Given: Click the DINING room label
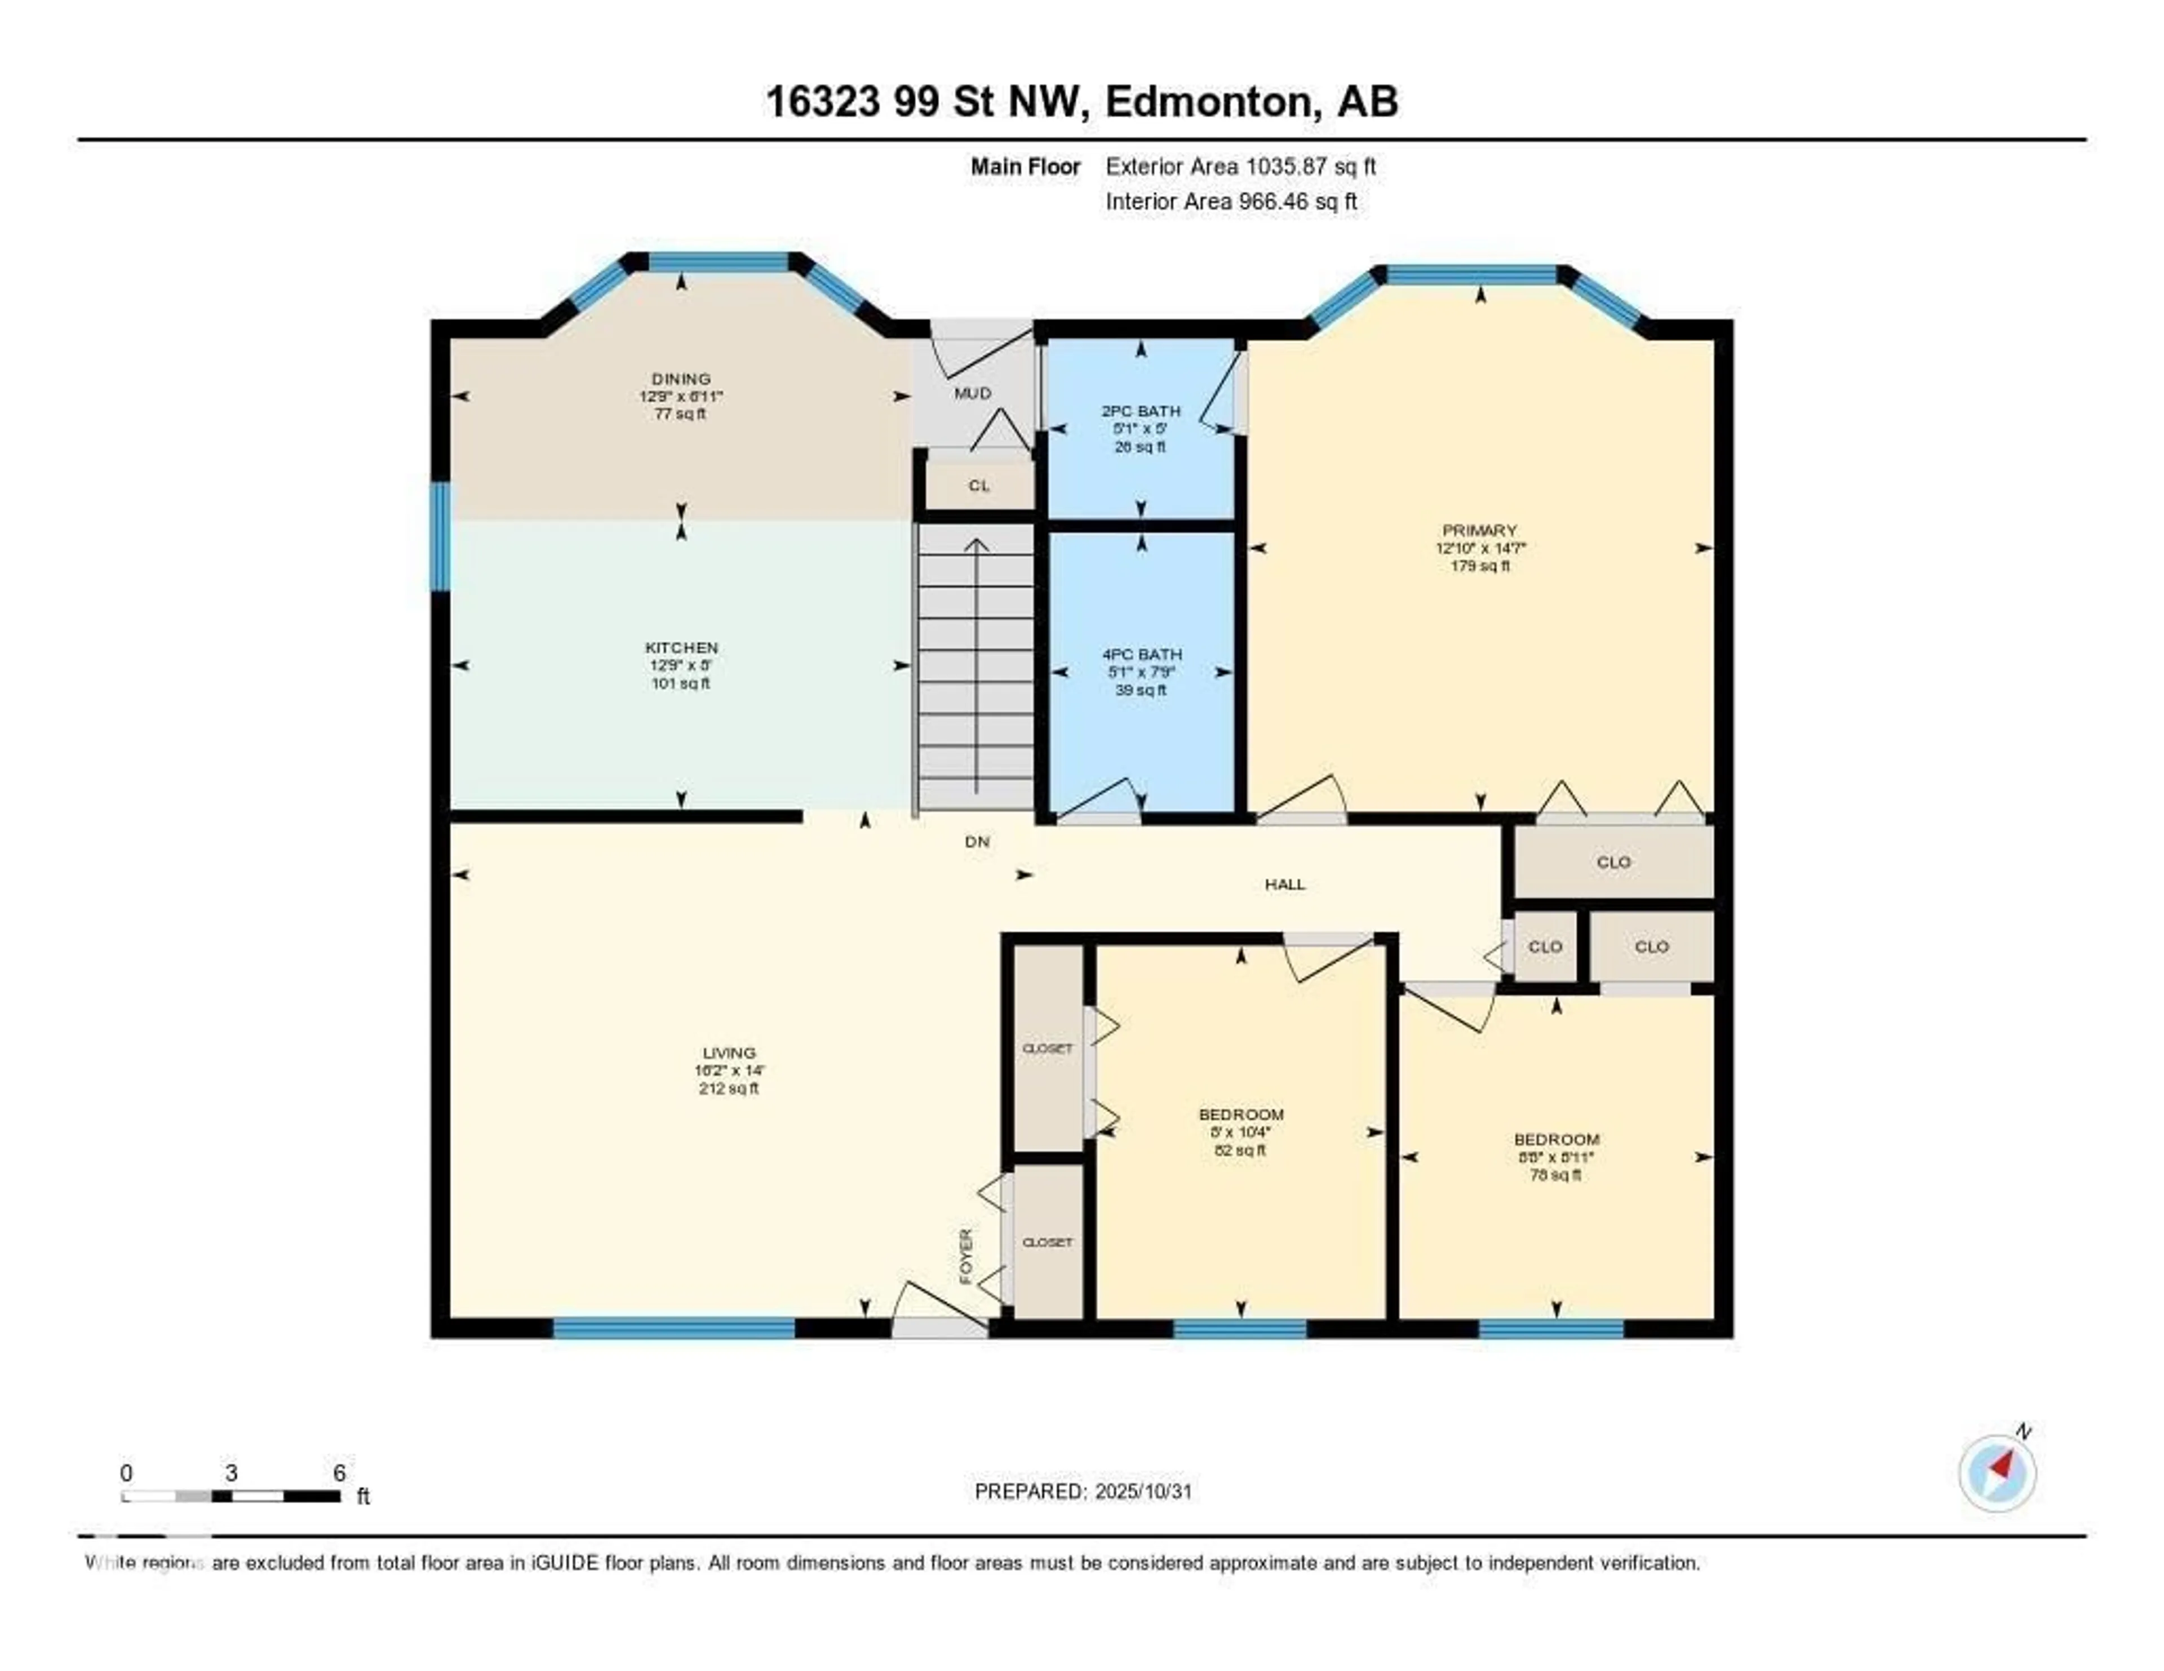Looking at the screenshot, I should [x=681, y=379].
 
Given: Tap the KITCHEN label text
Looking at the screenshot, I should [x=681, y=648].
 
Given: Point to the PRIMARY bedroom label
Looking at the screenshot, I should [x=1479, y=530].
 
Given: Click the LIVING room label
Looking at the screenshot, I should [x=729, y=1053].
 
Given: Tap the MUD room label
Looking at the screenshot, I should [x=972, y=393].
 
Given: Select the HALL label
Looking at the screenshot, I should [x=1284, y=885].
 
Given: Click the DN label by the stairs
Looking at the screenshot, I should [x=977, y=842].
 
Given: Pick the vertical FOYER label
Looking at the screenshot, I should [x=966, y=1256].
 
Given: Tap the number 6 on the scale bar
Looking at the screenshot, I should [x=339, y=1473].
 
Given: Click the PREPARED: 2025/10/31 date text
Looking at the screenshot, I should [x=1083, y=1492].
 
